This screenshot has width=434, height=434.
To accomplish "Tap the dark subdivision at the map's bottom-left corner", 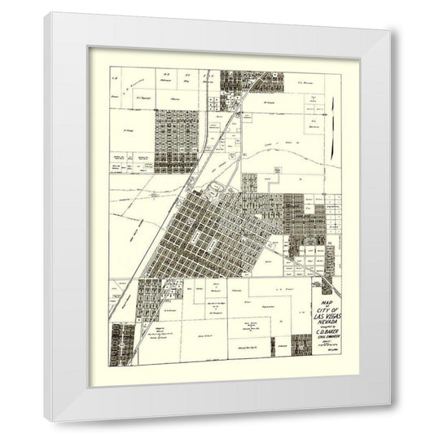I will point(122,340).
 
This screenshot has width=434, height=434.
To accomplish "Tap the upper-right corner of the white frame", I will point(388,14).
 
